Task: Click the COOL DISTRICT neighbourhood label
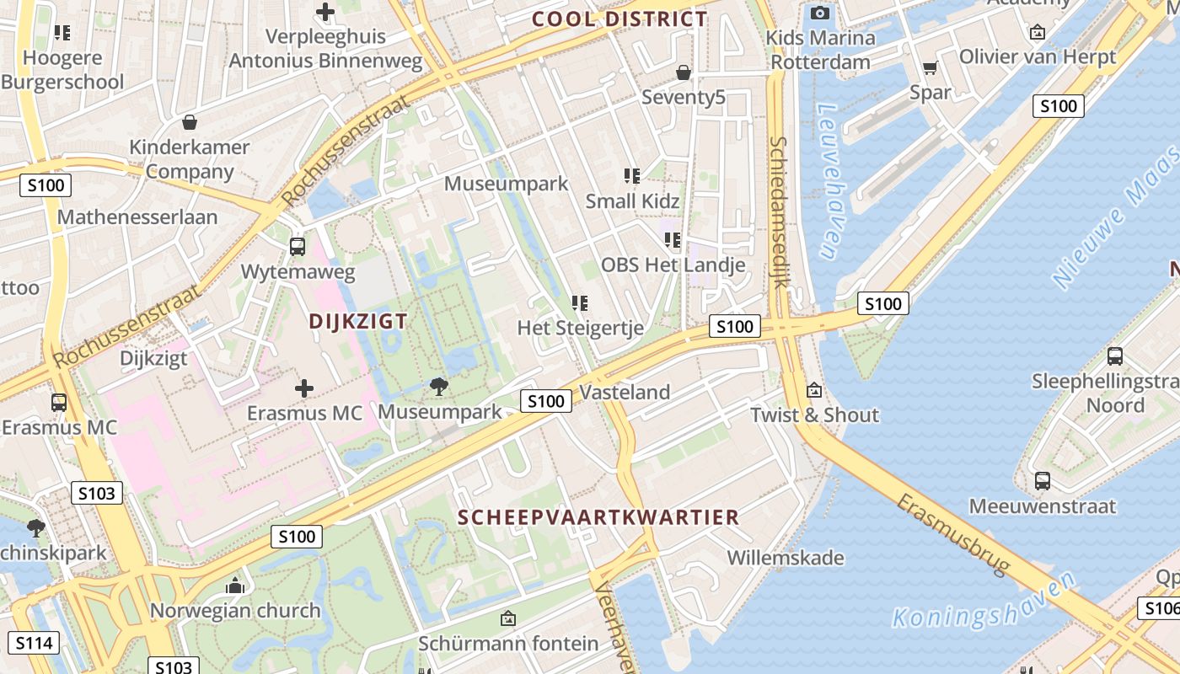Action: click(x=619, y=19)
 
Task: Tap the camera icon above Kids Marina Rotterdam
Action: click(x=819, y=13)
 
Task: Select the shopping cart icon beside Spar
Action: click(x=930, y=67)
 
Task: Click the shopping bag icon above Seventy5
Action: click(x=684, y=72)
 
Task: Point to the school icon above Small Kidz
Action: click(x=632, y=176)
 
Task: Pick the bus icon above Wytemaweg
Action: click(x=297, y=247)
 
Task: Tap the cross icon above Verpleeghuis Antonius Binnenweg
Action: click(x=324, y=12)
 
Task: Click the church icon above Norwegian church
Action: click(x=235, y=586)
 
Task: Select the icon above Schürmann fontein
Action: click(x=507, y=619)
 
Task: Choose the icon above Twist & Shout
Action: click(x=813, y=390)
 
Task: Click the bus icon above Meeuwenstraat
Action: click(x=1043, y=481)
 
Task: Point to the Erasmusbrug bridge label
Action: click(x=953, y=535)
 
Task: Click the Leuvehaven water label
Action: click(x=829, y=182)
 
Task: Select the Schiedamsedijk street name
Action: click(x=778, y=211)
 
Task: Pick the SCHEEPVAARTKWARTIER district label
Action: click(x=598, y=517)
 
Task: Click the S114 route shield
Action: click(x=34, y=644)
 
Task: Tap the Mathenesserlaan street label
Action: click(x=137, y=217)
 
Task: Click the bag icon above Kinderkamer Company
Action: click(x=190, y=122)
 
